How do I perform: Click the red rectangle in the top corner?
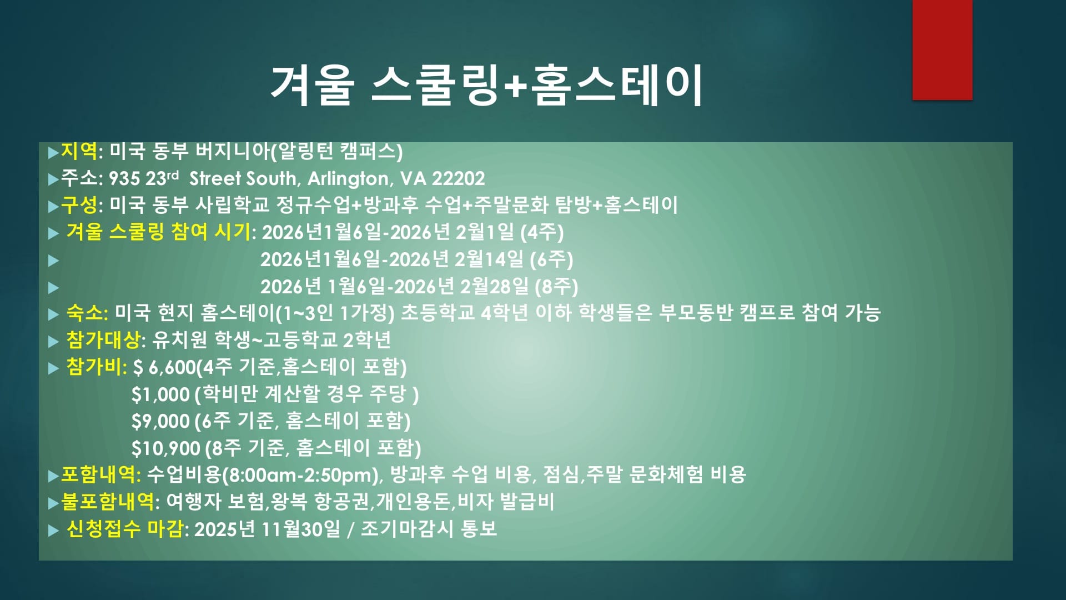[942, 50]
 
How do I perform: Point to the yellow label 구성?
[79, 205]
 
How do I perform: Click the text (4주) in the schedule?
[542, 232]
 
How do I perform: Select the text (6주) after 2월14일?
[551, 259]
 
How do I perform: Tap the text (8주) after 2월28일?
[556, 286]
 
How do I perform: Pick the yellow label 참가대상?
[103, 340]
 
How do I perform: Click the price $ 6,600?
[164, 367]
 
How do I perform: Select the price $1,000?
[160, 394]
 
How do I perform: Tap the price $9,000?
[160, 421]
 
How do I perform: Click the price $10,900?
[165, 448]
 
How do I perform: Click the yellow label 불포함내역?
[108, 502]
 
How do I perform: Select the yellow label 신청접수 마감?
[125, 529]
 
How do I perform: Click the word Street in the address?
[215, 178]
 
